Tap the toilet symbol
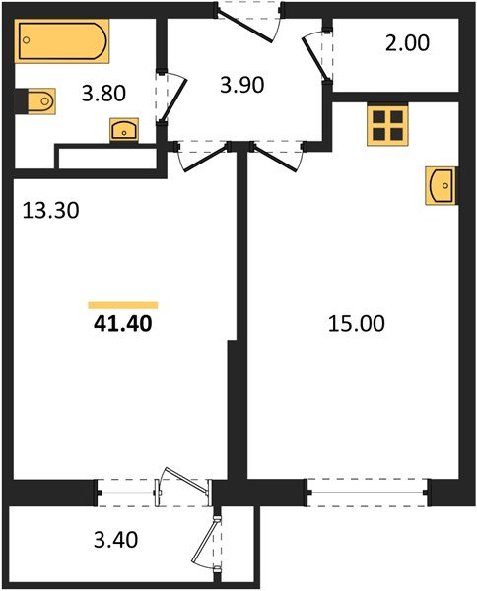pyautogui.click(x=38, y=101)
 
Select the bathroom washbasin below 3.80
pyautogui.click(x=124, y=130)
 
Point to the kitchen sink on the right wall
pyautogui.click(x=442, y=185)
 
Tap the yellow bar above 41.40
pyautogui.click(x=122, y=305)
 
